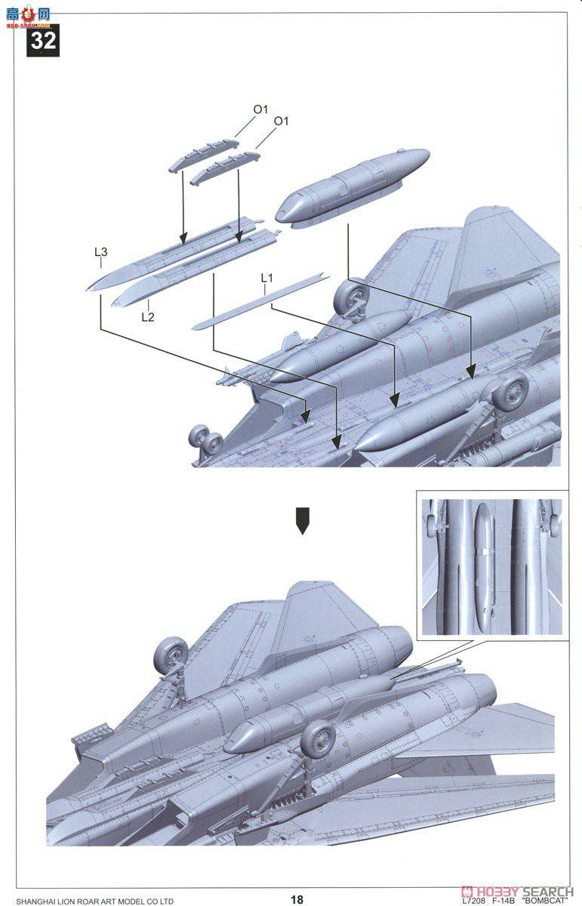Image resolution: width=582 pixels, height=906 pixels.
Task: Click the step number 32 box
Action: pyautogui.click(x=43, y=40)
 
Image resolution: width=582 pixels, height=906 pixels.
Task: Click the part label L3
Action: pyautogui.click(x=100, y=253)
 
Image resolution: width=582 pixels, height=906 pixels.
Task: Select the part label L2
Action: pyautogui.click(x=147, y=316)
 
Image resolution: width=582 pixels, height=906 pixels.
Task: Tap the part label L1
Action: pyautogui.click(x=266, y=279)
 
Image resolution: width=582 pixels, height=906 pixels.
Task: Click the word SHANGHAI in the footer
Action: pyautogui.click(x=38, y=901)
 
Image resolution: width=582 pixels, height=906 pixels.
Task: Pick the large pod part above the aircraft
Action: pyautogui.click(x=353, y=186)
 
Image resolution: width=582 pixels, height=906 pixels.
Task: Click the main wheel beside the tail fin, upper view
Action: pyautogui.click(x=352, y=297)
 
